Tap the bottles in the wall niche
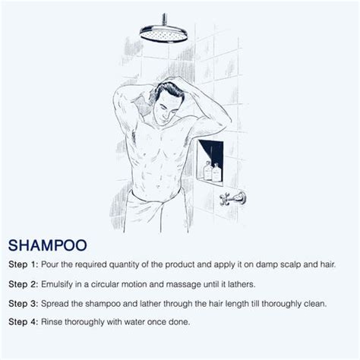point(213,172)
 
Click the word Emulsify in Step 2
point(68,284)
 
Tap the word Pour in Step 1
point(59,264)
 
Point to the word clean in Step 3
point(331,303)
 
